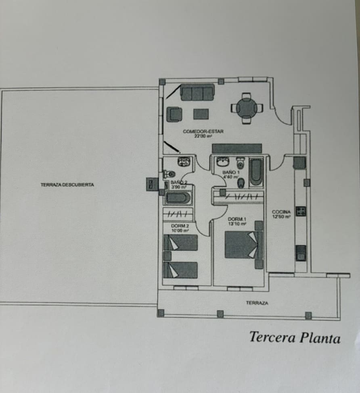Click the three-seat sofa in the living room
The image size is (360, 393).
(x=197, y=93)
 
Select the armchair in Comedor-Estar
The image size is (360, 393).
(x=174, y=114)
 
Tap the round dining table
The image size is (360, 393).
(x=246, y=108)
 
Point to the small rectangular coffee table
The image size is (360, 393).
(x=201, y=114)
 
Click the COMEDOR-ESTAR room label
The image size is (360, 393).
(x=203, y=131)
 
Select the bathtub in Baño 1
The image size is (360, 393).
(x=256, y=172)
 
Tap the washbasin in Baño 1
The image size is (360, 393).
(x=223, y=162)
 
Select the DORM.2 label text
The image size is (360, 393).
(x=180, y=226)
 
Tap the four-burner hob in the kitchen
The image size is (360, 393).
(x=301, y=211)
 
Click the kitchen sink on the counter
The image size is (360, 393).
(x=301, y=253)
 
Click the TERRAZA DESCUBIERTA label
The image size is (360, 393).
(x=67, y=185)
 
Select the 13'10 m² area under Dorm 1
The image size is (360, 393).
(x=237, y=224)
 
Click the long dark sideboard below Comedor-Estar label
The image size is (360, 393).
(x=237, y=148)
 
